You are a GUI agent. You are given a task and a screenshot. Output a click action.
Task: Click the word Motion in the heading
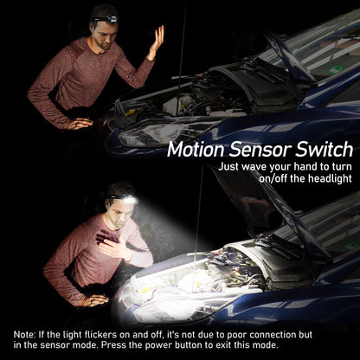point(196,150)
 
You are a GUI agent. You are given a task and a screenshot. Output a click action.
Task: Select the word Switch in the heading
point(324,150)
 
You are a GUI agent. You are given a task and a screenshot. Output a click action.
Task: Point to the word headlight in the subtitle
point(330,178)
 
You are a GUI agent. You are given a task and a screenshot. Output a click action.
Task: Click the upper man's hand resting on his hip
point(79,124)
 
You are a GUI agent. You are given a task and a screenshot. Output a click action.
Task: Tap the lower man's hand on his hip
point(94,300)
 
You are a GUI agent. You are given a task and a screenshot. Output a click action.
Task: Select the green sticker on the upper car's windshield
point(336,69)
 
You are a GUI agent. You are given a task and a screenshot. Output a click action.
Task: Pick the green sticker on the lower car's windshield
point(352,246)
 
